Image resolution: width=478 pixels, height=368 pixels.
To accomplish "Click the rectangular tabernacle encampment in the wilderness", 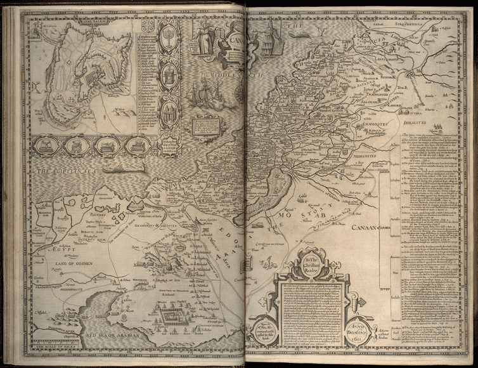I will tap(173, 314).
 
